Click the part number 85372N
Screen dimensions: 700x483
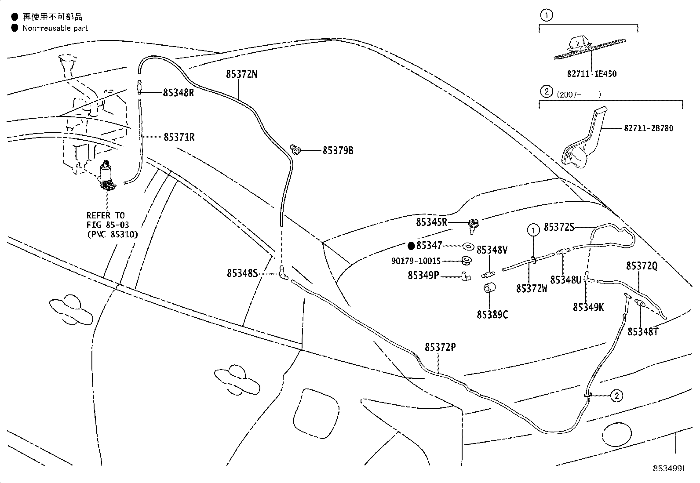pos(241,74)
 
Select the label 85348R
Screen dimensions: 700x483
pos(179,93)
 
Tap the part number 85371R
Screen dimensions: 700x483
pos(179,137)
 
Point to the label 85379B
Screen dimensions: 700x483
pos(338,151)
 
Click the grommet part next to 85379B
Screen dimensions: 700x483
pos(295,149)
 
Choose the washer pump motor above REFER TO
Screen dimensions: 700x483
pos(107,176)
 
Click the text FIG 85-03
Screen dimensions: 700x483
pos(107,225)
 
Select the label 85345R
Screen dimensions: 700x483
pos(431,222)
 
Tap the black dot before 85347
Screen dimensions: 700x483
pos(411,246)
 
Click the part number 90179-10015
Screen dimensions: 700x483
pos(416,261)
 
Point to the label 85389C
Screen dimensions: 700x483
pos(492,315)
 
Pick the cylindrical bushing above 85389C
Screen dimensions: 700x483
pos(489,287)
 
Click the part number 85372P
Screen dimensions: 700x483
pos(440,347)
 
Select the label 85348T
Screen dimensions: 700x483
pos(643,332)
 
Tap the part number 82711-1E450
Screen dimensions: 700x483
pos(592,74)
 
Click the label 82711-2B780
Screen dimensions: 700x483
pos(649,128)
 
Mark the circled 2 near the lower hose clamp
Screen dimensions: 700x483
pos(616,396)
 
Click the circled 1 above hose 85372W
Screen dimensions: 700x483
pos(533,230)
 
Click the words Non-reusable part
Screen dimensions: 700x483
pos(55,28)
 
